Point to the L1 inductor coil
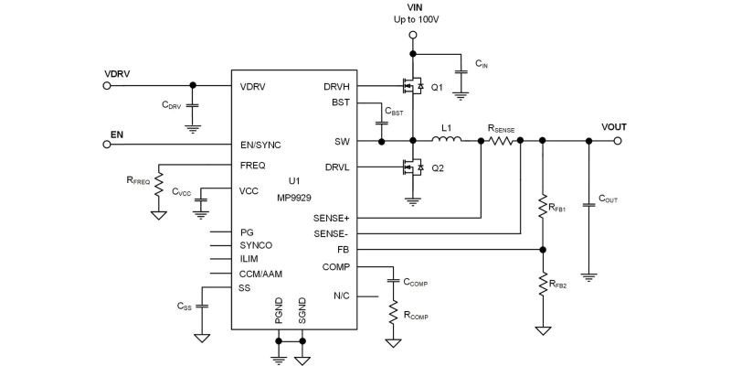[446, 141]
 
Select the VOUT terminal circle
[619, 141]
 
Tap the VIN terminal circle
[413, 35]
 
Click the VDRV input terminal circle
[108, 86]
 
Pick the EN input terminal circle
[108, 142]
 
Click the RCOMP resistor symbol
[394, 316]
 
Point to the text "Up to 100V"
[413, 20]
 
